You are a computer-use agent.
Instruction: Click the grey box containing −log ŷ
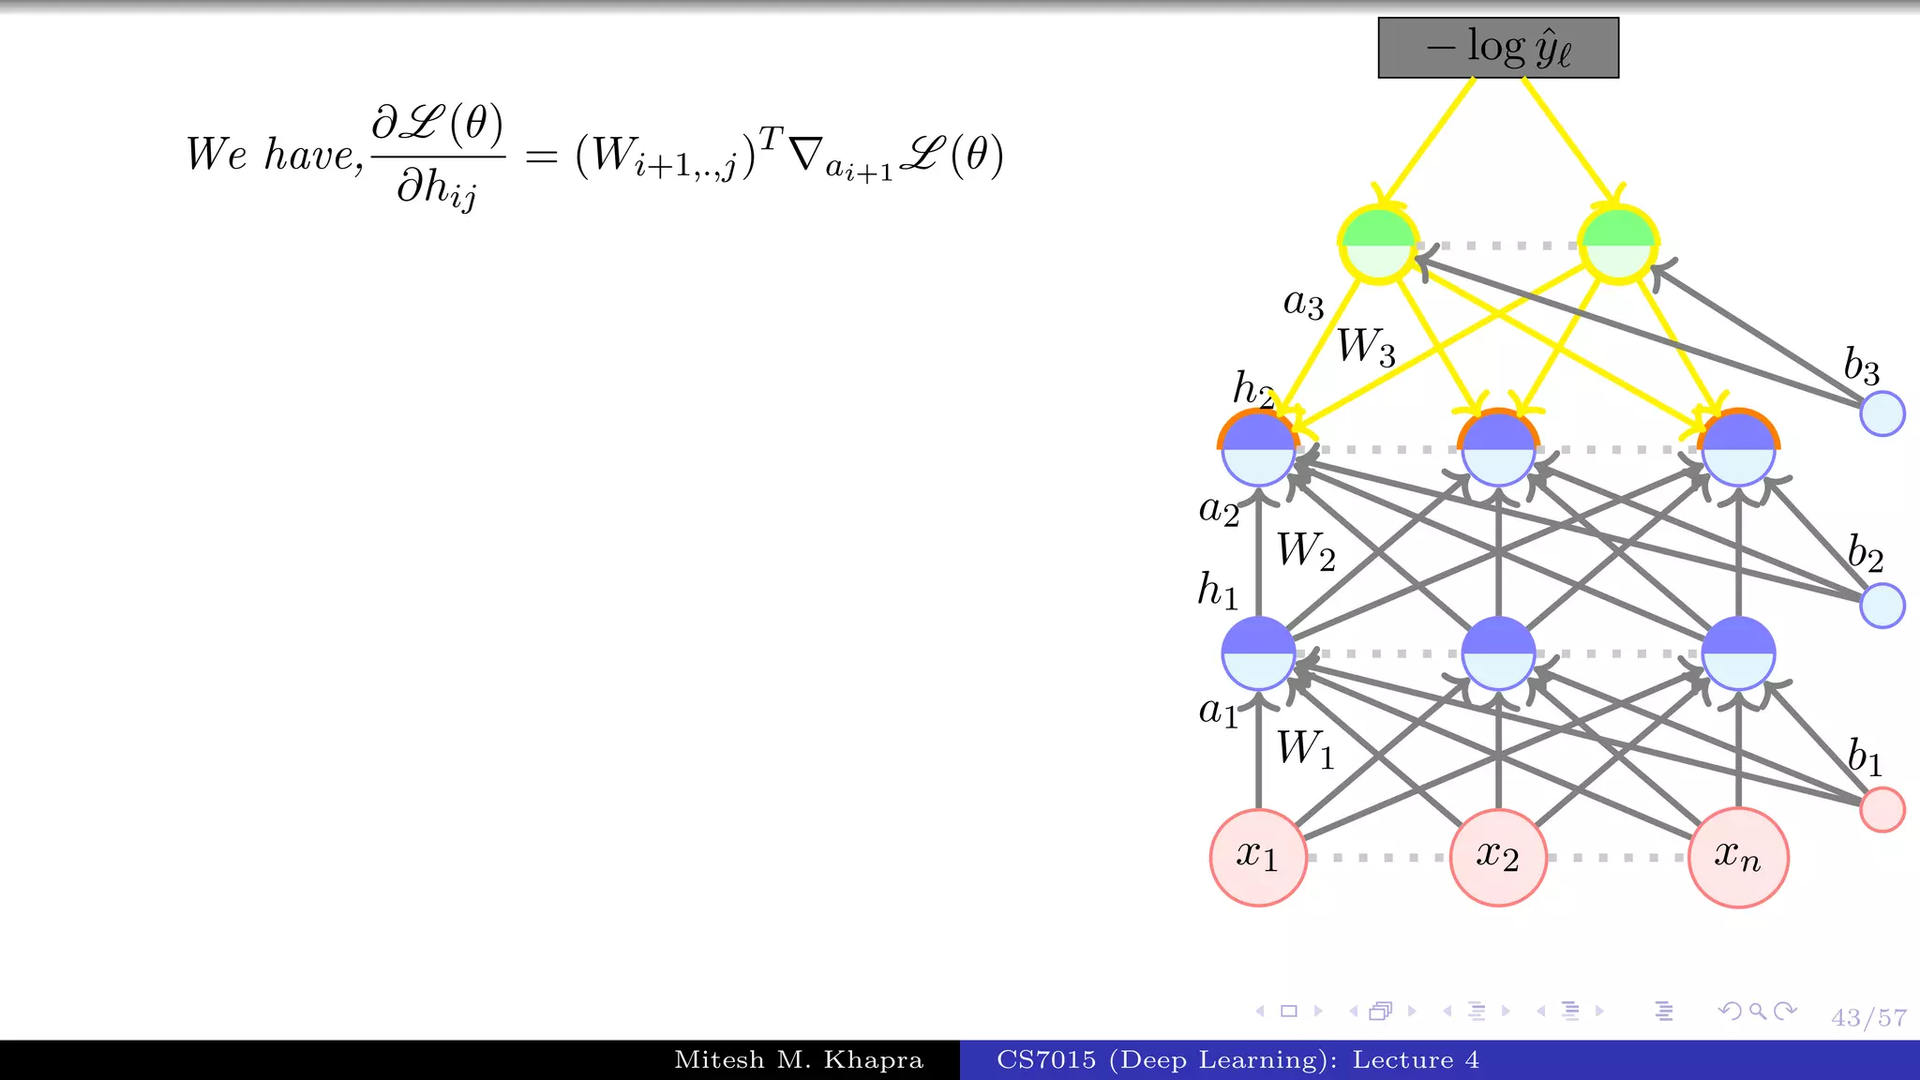point(1497,48)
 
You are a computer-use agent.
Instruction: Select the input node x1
point(1258,857)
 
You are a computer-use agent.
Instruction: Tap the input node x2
point(1497,857)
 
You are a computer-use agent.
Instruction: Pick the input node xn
point(1737,857)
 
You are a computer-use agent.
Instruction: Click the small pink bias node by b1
point(1882,809)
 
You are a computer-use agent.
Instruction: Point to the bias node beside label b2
point(1882,606)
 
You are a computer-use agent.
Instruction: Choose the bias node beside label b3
point(1882,413)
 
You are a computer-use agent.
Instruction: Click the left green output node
point(1378,245)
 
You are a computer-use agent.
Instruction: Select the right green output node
point(1618,245)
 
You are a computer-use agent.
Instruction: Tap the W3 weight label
point(1366,347)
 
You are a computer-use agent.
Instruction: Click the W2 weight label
point(1306,551)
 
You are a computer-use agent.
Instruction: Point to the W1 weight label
point(1305,750)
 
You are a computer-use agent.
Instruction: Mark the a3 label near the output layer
point(1303,304)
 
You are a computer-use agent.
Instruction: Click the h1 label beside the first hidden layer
point(1218,592)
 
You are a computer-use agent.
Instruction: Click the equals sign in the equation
point(541,157)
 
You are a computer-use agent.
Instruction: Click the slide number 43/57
point(1868,1018)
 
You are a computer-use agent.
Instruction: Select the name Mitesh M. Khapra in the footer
point(799,1060)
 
